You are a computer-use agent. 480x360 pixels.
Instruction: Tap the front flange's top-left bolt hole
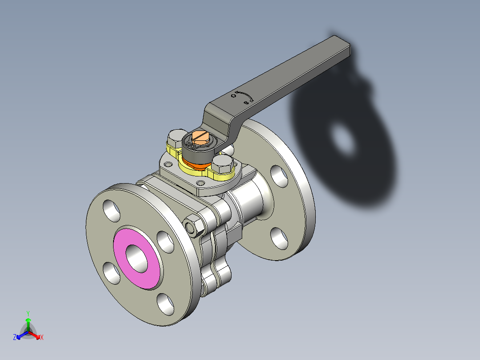click(x=111, y=211)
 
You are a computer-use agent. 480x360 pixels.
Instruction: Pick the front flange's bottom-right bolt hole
click(x=167, y=304)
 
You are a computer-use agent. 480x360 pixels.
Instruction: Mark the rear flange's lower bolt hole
click(x=279, y=238)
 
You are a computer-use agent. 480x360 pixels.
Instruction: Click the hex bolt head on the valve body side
click(x=194, y=226)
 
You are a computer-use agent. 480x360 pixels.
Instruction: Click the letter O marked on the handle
click(x=233, y=95)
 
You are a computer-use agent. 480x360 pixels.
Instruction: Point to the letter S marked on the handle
click(x=246, y=103)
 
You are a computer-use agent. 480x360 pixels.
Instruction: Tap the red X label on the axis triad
click(x=42, y=338)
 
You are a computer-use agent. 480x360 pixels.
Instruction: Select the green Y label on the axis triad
click(x=28, y=313)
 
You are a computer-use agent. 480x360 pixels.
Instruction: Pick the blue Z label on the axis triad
click(x=15, y=338)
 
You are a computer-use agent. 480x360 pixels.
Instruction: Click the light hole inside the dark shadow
click(x=343, y=139)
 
